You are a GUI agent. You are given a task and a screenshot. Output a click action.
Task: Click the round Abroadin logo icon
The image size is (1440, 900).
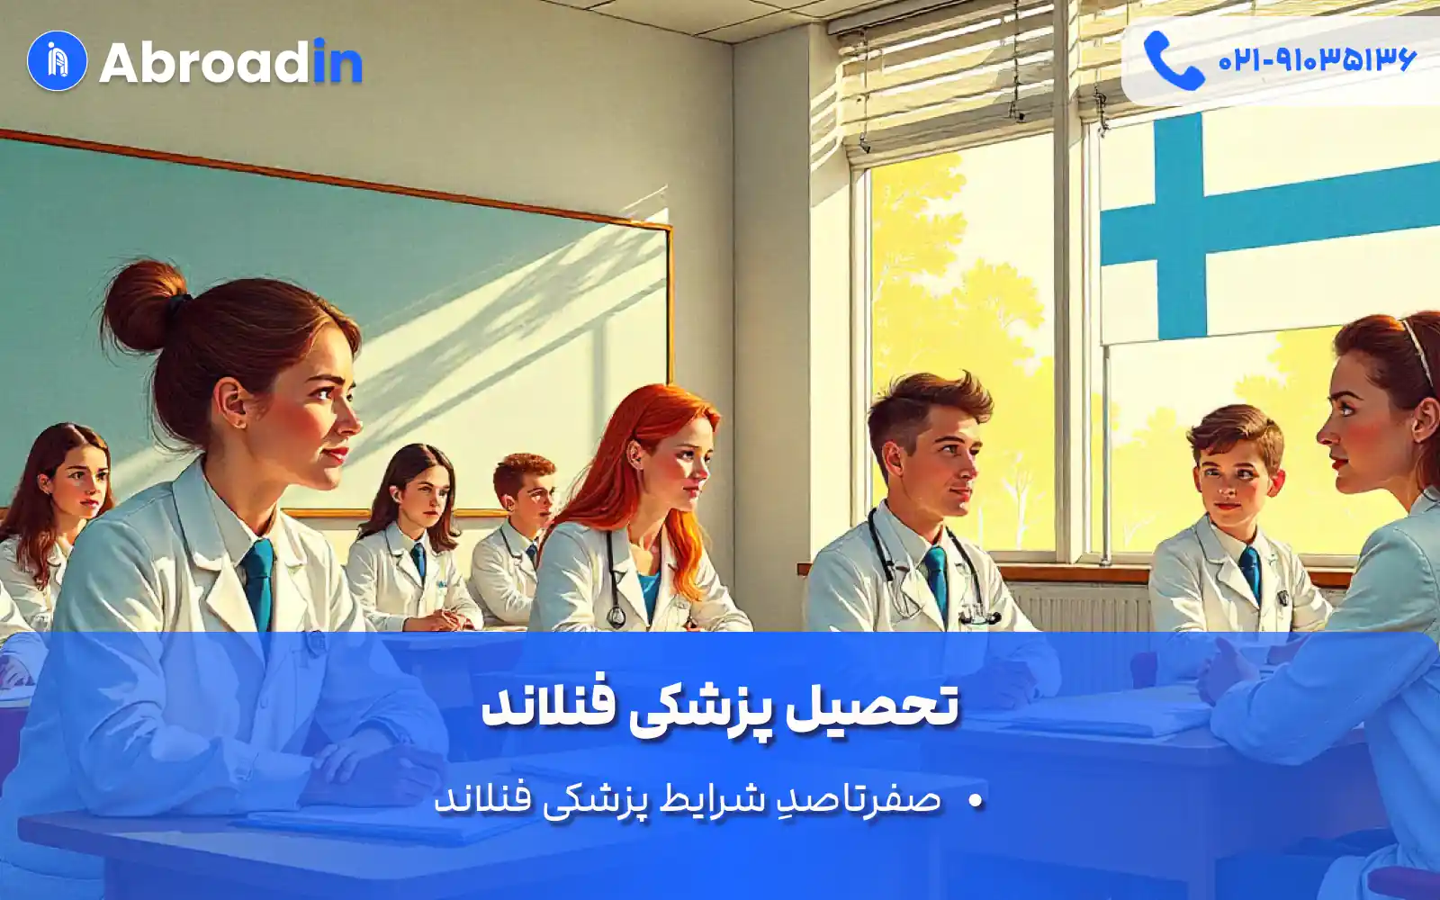click(58, 61)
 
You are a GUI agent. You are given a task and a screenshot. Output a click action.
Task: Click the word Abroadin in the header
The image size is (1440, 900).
click(230, 62)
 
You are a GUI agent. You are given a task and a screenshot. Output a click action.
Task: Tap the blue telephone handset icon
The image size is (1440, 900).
click(1174, 60)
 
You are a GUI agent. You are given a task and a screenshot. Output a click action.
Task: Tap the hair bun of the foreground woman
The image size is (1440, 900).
click(145, 305)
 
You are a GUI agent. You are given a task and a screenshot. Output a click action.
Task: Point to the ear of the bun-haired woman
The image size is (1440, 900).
click(230, 401)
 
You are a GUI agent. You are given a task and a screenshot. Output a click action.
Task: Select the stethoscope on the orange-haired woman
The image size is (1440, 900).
click(615, 579)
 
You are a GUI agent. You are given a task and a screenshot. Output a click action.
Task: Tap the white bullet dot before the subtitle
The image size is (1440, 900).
click(976, 800)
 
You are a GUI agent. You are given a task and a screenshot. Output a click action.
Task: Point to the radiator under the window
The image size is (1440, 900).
click(1080, 607)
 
